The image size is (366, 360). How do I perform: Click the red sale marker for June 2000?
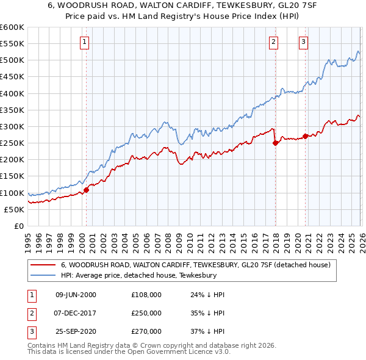(x=86, y=190)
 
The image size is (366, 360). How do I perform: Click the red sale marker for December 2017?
(x=275, y=143)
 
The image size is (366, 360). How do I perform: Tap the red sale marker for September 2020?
(x=305, y=136)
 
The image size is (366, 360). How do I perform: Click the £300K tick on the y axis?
(x=12, y=126)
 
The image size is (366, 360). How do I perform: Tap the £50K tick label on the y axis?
(x=15, y=209)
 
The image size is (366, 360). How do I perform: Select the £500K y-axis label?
(x=12, y=60)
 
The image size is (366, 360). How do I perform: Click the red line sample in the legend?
(x=43, y=265)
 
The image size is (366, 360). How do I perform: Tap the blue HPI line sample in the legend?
(x=43, y=275)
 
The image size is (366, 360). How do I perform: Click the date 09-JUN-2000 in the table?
(x=76, y=295)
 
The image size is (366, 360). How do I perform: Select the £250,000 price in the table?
(x=146, y=313)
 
